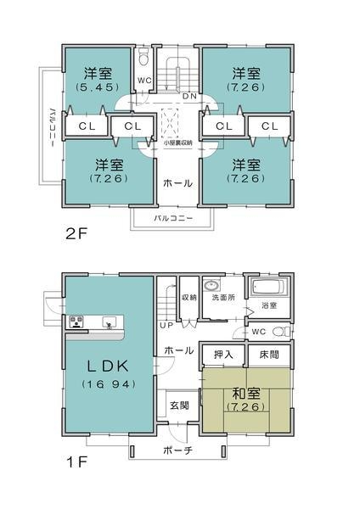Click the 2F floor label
coord(76,232)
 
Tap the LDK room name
coord(104,366)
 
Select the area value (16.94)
coord(104,384)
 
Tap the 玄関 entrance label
coord(178,404)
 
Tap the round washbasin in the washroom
coord(211,285)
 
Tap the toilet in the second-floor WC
coord(145,60)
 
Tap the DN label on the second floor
coord(188,97)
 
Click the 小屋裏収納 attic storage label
coord(178,143)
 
